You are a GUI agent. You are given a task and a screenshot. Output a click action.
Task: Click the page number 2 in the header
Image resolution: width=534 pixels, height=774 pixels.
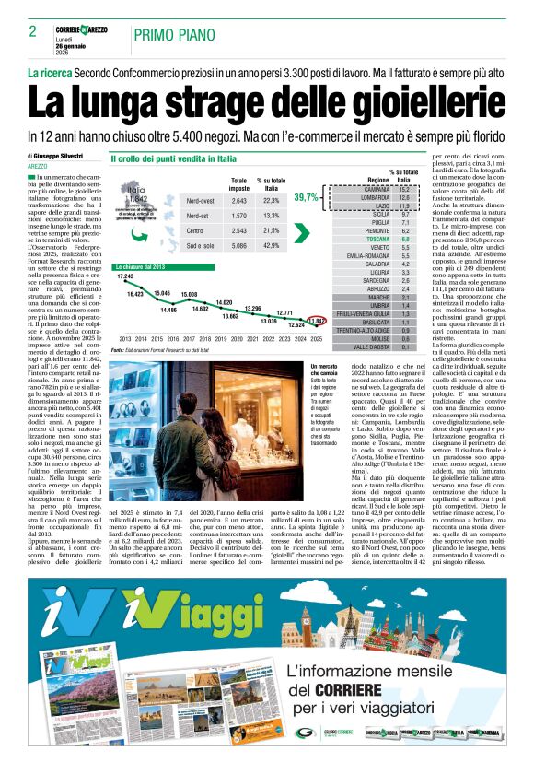click(32, 32)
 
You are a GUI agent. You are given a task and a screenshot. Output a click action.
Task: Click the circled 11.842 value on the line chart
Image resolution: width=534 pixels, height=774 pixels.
click(318, 321)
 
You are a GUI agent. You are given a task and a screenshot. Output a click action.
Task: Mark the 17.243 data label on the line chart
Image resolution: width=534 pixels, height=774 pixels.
click(125, 276)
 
